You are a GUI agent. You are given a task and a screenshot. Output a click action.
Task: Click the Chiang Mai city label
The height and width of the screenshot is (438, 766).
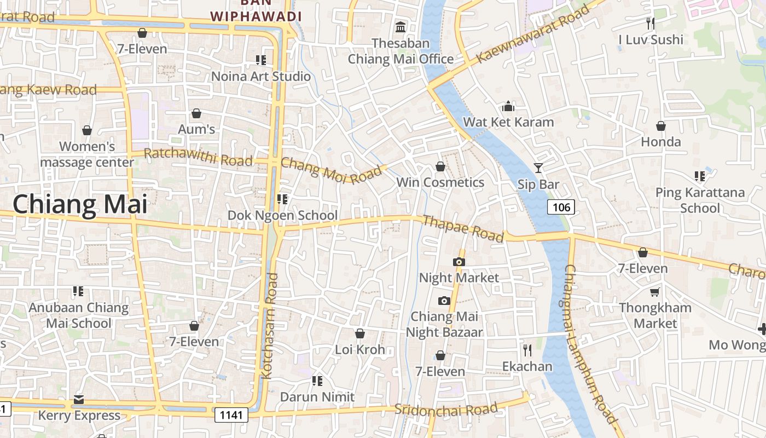click(x=80, y=204)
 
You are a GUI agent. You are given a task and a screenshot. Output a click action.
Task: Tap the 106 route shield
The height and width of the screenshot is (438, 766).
click(x=561, y=207)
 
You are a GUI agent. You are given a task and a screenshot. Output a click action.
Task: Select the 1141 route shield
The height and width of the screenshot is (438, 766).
click(x=231, y=415)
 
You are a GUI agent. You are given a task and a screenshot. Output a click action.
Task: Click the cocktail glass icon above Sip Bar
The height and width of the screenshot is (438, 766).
click(x=538, y=168)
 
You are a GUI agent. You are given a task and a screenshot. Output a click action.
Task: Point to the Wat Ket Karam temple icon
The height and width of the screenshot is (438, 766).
click(x=508, y=106)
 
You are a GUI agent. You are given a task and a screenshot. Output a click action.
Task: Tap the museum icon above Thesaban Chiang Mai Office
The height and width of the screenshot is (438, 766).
click(x=401, y=27)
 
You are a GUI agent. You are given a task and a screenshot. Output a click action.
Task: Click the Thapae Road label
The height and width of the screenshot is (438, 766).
click(x=463, y=228)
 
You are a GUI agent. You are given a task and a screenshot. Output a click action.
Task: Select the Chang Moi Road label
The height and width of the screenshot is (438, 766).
click(x=332, y=170)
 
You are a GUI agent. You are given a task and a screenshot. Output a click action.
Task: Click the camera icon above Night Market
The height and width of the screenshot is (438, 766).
click(x=459, y=262)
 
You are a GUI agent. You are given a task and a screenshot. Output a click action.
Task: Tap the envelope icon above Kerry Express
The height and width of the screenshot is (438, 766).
click(x=79, y=400)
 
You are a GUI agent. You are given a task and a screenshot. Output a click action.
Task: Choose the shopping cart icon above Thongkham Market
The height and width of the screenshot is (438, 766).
click(x=654, y=292)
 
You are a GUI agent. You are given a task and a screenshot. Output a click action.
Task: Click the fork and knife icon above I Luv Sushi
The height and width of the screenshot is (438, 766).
click(x=650, y=23)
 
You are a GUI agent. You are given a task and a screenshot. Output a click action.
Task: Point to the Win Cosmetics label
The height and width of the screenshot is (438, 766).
click(x=440, y=182)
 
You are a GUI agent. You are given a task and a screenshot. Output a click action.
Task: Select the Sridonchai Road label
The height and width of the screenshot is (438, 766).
click(x=446, y=409)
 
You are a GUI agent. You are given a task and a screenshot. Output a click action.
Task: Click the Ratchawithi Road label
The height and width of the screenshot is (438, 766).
click(x=198, y=157)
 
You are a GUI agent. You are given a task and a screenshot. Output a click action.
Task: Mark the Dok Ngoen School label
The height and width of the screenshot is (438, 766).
click(x=282, y=215)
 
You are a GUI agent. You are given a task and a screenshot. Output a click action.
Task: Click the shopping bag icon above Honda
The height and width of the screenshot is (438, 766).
click(x=660, y=126)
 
